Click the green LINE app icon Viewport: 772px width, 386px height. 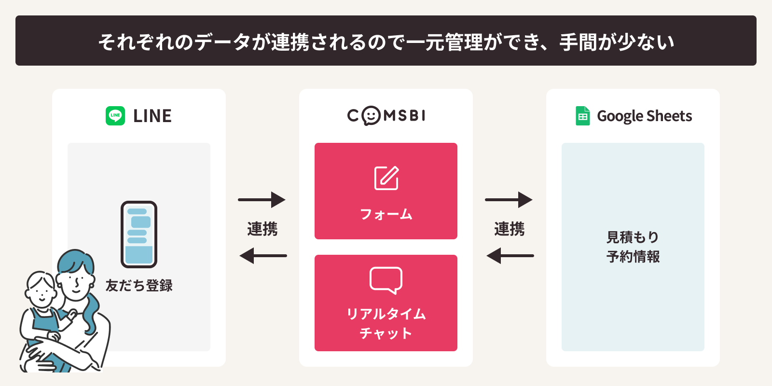point(115,116)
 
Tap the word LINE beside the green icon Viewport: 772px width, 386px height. point(152,116)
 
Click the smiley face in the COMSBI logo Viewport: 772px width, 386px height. point(371,116)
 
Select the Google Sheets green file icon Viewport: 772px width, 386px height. point(583,116)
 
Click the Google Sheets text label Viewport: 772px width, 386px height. point(645,116)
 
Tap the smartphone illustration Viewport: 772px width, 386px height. point(139,234)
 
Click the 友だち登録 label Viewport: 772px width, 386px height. point(139,286)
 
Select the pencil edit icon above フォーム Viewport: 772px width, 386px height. point(386,178)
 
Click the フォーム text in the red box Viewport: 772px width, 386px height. point(386,214)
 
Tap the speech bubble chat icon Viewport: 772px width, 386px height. point(386,280)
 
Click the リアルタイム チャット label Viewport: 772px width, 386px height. point(386,323)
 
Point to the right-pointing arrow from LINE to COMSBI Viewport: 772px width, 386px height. point(262,200)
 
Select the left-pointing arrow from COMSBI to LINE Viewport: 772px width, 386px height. point(263,256)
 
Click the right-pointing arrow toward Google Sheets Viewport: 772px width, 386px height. point(509,200)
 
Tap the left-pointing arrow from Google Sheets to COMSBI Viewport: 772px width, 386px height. point(510,256)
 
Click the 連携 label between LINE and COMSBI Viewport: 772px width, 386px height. point(262,229)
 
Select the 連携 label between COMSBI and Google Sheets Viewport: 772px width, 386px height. point(510,229)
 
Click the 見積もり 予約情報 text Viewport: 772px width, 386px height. point(633,247)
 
